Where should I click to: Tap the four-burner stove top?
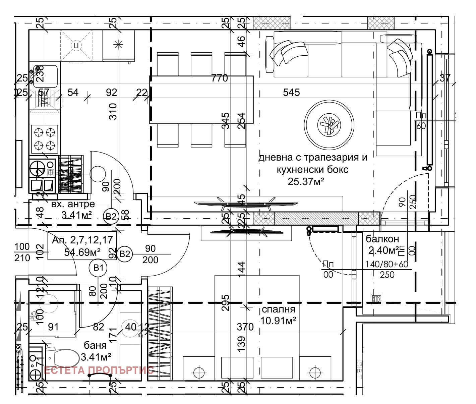point(45,138)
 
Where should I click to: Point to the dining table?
point(201,100)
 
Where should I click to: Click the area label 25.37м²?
point(306,181)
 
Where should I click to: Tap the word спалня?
point(278,309)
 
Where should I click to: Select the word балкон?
point(382,239)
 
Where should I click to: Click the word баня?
point(95,345)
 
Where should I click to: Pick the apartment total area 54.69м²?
point(82,252)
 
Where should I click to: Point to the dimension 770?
point(220,78)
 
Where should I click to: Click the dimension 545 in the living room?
point(291,92)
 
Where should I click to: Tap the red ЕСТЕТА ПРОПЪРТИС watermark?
point(99,370)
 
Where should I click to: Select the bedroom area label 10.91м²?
point(278,321)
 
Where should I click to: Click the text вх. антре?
point(73,204)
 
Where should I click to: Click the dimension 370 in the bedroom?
point(245,327)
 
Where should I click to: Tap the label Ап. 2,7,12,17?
point(82,240)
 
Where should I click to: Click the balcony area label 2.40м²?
point(383,250)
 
